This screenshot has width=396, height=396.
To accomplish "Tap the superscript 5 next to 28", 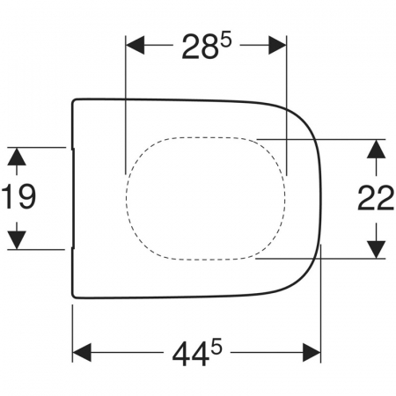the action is coord(226,41).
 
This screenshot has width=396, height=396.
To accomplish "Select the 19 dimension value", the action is coord(18,197).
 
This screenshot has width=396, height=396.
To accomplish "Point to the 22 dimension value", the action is coord(376,198).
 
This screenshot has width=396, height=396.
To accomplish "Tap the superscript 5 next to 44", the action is coord(216,348).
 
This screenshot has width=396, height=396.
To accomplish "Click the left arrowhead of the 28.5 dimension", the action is coord(135,45).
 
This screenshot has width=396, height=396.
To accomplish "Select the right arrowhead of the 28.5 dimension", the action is coord(277,45).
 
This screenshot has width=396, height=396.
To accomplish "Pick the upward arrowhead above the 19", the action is coord(17,157).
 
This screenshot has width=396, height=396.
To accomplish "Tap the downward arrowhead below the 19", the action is coord(17,240).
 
